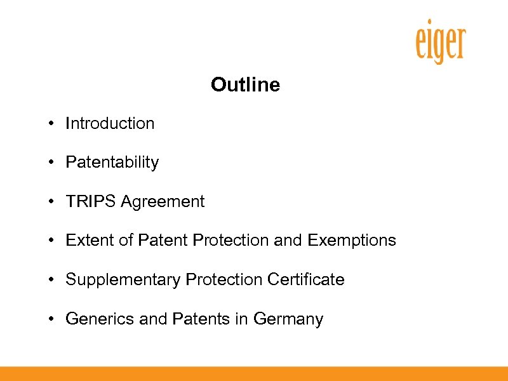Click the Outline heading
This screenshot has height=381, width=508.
245,84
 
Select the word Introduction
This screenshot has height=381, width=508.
110,123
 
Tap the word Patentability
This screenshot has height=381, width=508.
112,163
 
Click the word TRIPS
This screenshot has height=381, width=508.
91,202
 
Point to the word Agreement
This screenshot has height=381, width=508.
163,202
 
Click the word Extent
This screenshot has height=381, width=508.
86,241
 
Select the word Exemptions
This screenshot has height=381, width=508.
352,241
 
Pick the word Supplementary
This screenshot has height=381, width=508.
123,279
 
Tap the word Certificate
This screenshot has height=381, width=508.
306,279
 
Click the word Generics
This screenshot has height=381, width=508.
100,319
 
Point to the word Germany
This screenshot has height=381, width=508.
288,319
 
